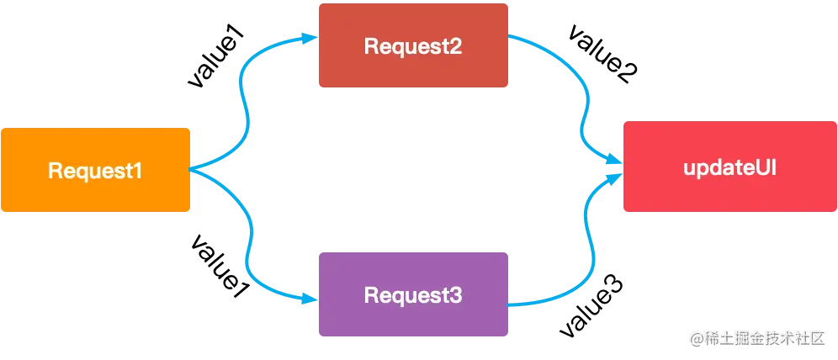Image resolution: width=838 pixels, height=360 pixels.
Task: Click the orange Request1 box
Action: coord(97,170)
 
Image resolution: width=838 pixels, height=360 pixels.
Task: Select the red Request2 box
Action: coord(413,45)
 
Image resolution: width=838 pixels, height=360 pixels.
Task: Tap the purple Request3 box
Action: coord(413,294)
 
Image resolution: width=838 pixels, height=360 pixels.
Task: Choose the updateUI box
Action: coord(729,167)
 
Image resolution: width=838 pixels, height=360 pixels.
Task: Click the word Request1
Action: coord(95,171)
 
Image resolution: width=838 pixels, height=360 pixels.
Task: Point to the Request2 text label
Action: coord(412,46)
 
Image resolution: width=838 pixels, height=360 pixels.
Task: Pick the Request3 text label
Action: coord(412,295)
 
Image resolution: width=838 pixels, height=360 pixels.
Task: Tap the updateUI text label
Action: coord(729,167)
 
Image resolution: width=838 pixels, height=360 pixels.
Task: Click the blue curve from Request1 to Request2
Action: coord(246,101)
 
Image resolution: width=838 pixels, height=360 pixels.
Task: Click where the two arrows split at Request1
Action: coord(194,170)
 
